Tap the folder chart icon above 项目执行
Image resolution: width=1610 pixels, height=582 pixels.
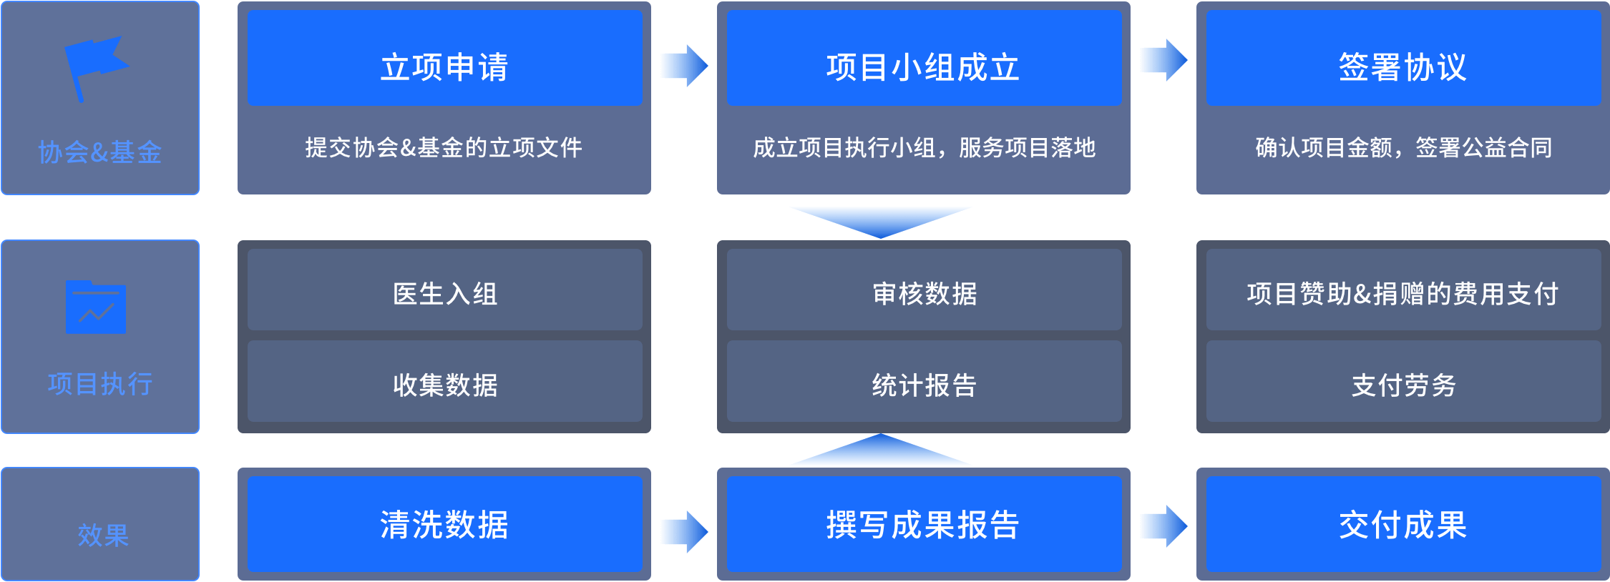(96, 307)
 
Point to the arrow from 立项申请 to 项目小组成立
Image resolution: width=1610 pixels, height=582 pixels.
(684, 66)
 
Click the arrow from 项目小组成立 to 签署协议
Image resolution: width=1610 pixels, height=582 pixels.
(1163, 60)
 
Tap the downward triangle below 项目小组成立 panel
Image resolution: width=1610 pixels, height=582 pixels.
(881, 220)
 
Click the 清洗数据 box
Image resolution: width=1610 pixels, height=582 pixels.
(444, 524)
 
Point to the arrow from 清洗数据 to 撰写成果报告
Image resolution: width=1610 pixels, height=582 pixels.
(684, 532)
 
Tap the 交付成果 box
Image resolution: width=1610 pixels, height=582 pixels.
(1402, 524)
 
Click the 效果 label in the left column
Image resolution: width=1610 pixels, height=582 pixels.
(102, 535)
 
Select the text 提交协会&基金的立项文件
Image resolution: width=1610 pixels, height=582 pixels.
(444, 148)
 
